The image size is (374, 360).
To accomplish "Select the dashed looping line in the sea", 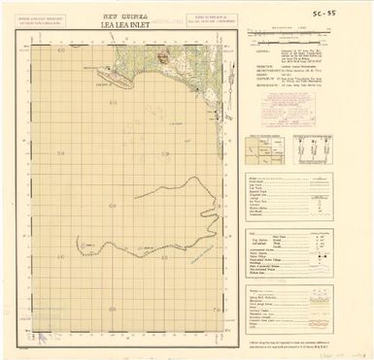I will click(x=175, y=218).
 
